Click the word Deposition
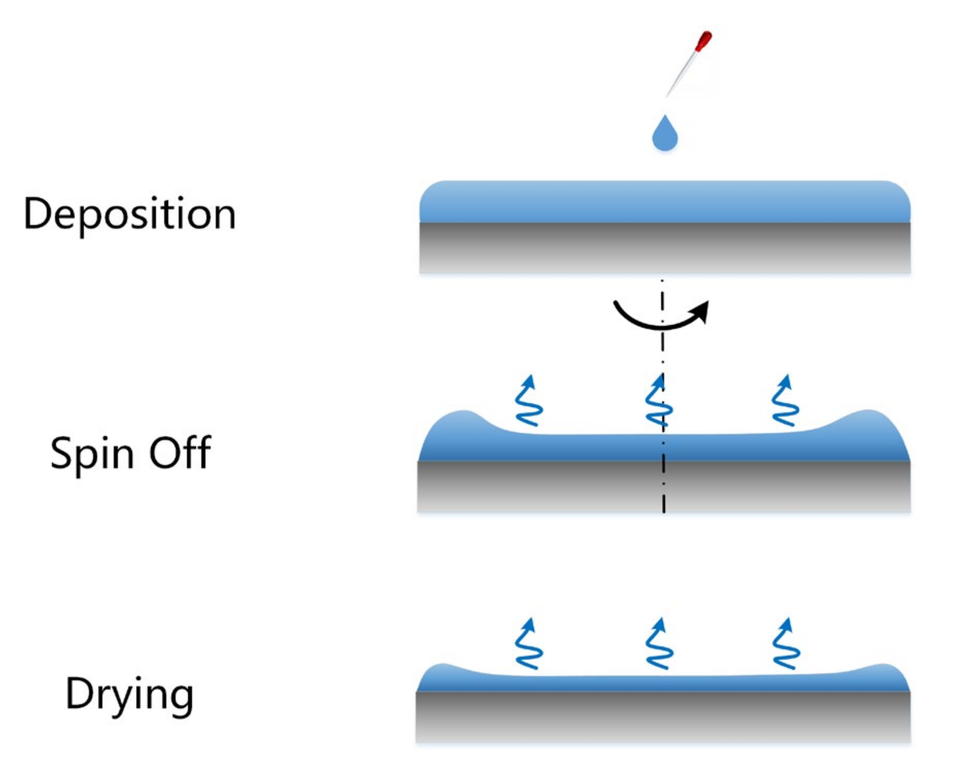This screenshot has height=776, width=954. pyautogui.click(x=129, y=214)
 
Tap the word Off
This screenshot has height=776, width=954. pyautogui.click(x=180, y=452)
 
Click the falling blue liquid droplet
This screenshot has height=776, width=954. pyautogui.click(x=664, y=135)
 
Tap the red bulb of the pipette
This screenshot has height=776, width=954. pyautogui.click(x=703, y=41)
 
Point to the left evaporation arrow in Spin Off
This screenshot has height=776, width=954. pyautogui.click(x=529, y=401)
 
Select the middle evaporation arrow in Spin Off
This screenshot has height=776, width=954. pyautogui.click(x=659, y=401)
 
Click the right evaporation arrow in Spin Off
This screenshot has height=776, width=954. pyautogui.click(x=785, y=401)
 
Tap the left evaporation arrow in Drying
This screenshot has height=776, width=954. pyautogui.click(x=529, y=644)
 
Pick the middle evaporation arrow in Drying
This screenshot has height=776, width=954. pyautogui.click(x=659, y=644)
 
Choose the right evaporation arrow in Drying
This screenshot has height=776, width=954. pyautogui.click(x=786, y=644)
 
